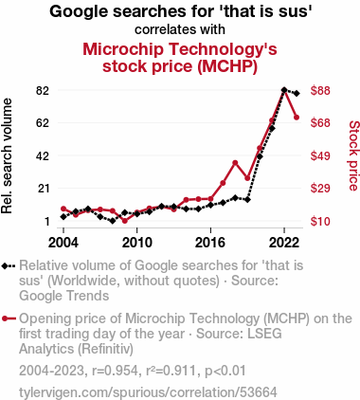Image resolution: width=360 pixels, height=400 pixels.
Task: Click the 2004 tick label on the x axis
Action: pos(63,243)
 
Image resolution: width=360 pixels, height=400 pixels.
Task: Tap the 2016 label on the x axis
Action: pos(210,243)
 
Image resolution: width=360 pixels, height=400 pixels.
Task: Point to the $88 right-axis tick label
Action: pos(320,91)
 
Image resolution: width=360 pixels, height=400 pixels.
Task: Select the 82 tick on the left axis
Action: pos(43,91)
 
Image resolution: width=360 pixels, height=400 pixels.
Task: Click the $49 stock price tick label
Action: pos(320,155)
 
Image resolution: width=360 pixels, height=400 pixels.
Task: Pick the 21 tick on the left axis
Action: pos(43,189)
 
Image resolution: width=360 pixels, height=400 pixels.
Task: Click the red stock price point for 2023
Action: pos(297,118)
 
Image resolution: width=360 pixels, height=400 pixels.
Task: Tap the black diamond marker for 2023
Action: pos(297,94)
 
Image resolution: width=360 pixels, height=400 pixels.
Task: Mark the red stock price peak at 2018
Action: pos(235,163)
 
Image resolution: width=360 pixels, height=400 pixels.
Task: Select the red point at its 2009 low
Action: pos(125,221)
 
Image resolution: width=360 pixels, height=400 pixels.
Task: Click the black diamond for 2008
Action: pos(113,221)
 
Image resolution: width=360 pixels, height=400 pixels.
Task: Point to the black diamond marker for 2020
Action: pos(260,156)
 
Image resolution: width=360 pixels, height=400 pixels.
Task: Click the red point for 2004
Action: pos(63,209)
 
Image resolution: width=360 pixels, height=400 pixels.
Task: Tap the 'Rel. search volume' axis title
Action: pos(7,155)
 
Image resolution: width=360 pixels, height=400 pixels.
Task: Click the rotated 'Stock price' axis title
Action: pos(353,155)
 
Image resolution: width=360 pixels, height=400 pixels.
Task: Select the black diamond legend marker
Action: pos(5,265)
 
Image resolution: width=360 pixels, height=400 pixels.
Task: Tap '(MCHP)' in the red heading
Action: pos(227,66)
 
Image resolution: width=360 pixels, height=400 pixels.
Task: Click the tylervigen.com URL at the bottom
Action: pos(148,392)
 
